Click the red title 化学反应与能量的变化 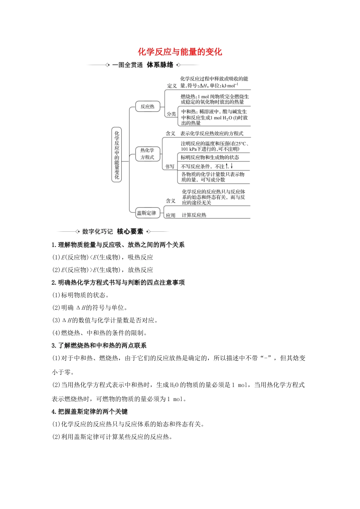(180, 52)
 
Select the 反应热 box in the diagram (147, 106)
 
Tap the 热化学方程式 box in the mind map (147, 154)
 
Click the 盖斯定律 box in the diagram (146, 213)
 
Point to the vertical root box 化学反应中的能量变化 (117, 155)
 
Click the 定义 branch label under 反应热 (172, 86)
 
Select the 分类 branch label (171, 114)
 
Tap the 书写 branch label (170, 167)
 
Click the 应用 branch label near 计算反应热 (171, 215)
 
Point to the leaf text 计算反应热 (194, 215)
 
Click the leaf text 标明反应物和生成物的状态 (210, 158)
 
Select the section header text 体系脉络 (160, 65)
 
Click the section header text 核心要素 (130, 231)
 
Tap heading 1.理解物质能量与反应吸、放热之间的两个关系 (118, 245)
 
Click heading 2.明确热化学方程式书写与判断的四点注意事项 (118, 283)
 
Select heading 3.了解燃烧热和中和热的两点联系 (99, 345)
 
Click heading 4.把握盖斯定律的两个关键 (90, 412)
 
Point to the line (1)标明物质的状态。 (80, 295)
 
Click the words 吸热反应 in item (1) (140, 258)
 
